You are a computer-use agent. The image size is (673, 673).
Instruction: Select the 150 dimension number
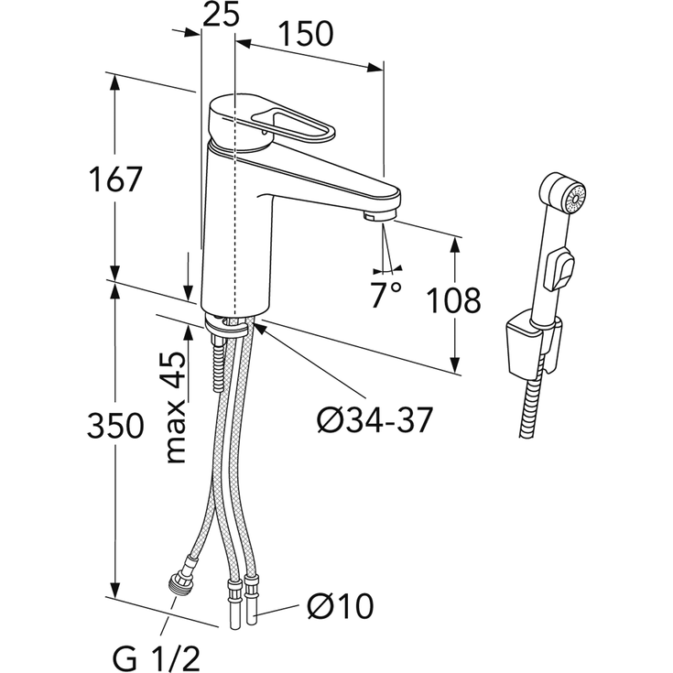(x=306, y=34)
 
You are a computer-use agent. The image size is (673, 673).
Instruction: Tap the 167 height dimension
(x=114, y=179)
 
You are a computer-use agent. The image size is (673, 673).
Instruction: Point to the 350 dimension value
(x=115, y=426)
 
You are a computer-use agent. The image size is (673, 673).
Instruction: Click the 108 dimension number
(x=455, y=300)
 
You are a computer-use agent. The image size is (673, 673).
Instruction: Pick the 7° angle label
(x=385, y=295)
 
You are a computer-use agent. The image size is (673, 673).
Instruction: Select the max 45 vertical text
(x=176, y=407)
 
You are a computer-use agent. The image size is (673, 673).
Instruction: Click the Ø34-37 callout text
(x=374, y=419)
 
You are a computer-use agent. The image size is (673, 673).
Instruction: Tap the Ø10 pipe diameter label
(x=341, y=606)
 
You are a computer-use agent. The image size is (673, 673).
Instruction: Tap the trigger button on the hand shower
(x=559, y=269)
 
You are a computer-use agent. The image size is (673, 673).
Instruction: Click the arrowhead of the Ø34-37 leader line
(x=259, y=329)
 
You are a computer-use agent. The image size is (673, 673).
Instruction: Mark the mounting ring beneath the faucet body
(x=226, y=326)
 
